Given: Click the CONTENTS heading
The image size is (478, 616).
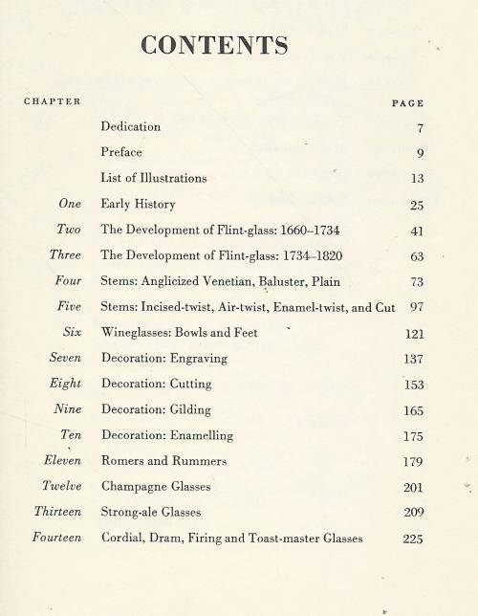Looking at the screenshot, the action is click(214, 45).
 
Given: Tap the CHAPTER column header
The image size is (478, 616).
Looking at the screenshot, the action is click(52, 101).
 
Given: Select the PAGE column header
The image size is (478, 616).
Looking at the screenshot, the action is click(408, 103).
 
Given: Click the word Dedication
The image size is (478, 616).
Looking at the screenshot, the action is click(131, 126).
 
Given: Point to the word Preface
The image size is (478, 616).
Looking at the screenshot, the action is click(121, 152).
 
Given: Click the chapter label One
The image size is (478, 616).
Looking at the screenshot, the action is click(69, 204).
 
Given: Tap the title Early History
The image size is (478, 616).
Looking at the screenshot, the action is click(138, 205).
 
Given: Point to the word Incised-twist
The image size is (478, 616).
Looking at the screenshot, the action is click(174, 308).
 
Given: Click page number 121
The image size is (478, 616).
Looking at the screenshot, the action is click(412, 334).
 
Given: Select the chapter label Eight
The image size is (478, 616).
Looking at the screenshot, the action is click(65, 385).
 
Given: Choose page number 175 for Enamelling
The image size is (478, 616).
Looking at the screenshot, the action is click(412, 436).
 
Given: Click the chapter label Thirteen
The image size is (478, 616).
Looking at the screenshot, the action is click(56, 513).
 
